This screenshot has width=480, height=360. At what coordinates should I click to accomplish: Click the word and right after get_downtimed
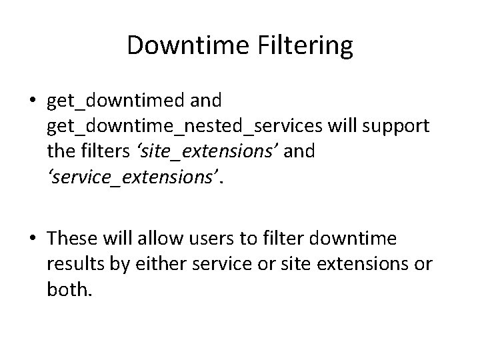(206, 101)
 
